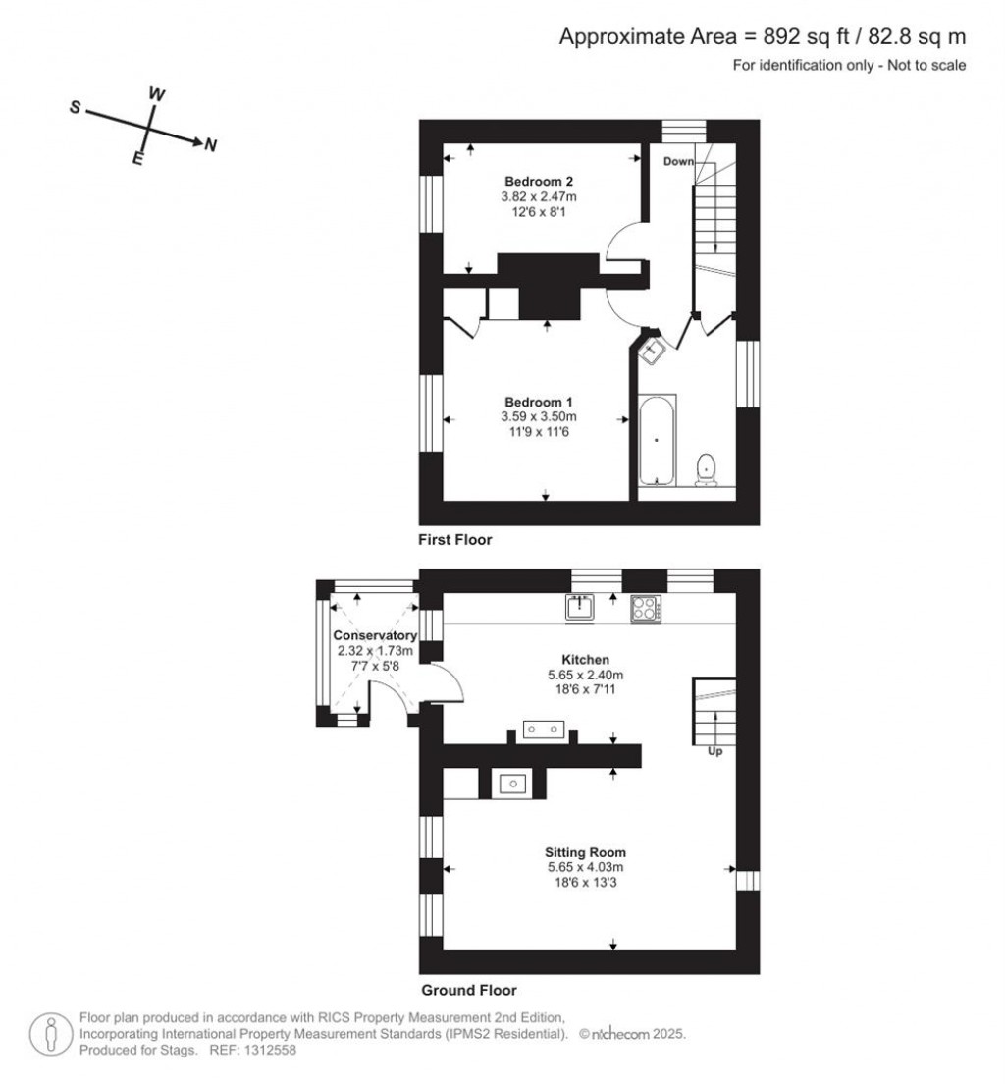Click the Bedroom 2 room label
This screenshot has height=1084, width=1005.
(x=539, y=182)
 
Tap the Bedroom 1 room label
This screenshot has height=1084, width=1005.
(x=539, y=403)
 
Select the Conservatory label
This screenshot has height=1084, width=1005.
(x=375, y=635)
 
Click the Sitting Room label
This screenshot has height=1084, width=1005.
(x=585, y=852)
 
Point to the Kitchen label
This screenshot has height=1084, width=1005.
(x=585, y=660)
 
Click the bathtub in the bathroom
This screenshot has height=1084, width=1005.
(x=657, y=440)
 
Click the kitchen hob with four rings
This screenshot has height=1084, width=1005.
(x=646, y=609)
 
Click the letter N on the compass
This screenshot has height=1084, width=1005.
(x=211, y=145)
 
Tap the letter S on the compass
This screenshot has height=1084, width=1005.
(x=75, y=107)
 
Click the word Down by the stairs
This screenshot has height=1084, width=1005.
(x=678, y=161)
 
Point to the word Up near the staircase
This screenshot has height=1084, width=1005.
(x=714, y=751)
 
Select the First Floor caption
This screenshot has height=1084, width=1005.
(x=454, y=540)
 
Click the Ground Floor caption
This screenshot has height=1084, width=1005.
(x=468, y=990)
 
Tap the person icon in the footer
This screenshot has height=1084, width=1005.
(x=50, y=1034)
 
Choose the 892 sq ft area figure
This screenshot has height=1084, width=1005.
(x=805, y=36)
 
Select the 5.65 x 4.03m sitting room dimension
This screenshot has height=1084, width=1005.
(x=586, y=868)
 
